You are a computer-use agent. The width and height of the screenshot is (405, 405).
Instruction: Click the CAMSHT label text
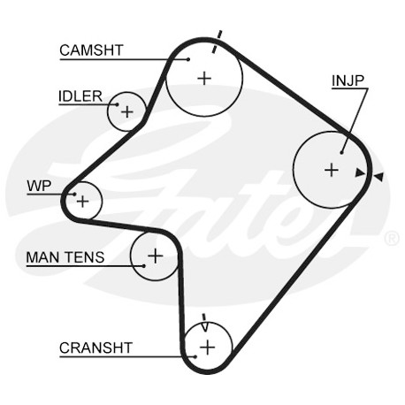pos(91,50)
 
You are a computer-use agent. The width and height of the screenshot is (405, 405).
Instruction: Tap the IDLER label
pos(80,96)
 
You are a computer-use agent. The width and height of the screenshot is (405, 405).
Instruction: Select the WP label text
pos(39,186)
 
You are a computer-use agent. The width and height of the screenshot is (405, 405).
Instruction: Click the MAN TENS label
pos(65,257)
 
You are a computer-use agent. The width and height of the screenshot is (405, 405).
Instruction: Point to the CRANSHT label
pos(96,348)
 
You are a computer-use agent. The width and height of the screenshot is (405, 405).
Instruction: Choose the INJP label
pos(348,80)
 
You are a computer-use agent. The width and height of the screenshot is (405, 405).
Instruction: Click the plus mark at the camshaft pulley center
pos(204,79)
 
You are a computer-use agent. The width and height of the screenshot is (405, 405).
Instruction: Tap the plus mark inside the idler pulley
pos(127,112)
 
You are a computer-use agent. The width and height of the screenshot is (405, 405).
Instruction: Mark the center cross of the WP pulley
pos(82,202)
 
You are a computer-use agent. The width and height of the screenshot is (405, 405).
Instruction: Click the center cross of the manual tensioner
pos(156,256)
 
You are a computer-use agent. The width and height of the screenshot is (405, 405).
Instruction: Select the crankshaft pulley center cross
pos(208,347)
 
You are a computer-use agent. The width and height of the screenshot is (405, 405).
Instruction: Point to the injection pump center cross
pos(332,170)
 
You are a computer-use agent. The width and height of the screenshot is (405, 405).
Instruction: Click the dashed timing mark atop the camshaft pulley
pos(217,42)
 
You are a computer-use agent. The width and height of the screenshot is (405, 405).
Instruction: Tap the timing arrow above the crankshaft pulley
pos(204,323)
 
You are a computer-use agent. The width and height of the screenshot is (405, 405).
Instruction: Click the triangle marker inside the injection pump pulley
pos(360,172)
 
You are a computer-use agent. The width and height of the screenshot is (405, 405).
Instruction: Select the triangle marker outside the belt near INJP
pos(379,177)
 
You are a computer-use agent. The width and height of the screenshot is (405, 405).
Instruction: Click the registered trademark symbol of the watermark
pos(392,239)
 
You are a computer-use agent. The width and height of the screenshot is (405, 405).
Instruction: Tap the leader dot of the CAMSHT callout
pos(188,59)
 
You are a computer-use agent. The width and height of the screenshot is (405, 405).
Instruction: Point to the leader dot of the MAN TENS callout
pos(144,266)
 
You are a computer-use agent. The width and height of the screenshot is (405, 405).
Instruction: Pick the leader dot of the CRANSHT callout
pos(195,356)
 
